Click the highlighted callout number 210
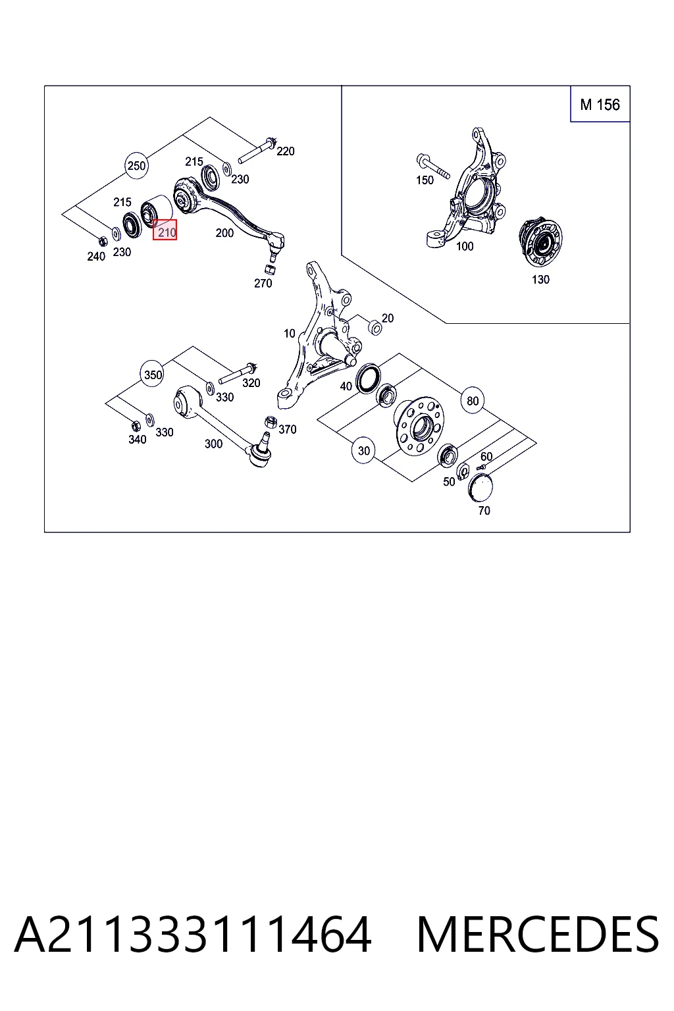coord(165,230)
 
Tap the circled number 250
coord(136,166)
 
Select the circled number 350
coord(153,375)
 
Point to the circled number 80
coord(472,401)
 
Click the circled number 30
coord(364,450)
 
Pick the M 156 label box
coord(600,104)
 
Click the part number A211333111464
coord(193,934)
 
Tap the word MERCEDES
coord(538,934)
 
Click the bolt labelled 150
coord(433,166)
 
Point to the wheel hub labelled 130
coord(541,243)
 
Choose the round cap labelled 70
coord(480,488)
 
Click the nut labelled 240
coord(103,242)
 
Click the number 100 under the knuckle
coord(465,246)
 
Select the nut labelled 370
coord(270,422)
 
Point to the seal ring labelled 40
coord(368,378)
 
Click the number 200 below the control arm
coord(224,233)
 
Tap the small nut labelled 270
coord(270,269)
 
